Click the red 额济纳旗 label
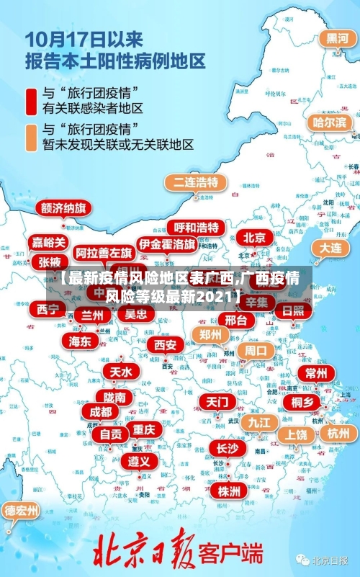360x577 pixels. (x=63, y=208)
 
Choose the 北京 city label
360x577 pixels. (x=254, y=237)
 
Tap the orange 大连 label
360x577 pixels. (x=331, y=247)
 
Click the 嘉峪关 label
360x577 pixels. (x=49, y=242)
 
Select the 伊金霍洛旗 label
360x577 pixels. (x=167, y=244)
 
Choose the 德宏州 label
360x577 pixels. (x=22, y=511)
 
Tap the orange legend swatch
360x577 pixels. (x=31, y=136)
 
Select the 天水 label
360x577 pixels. (x=120, y=372)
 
